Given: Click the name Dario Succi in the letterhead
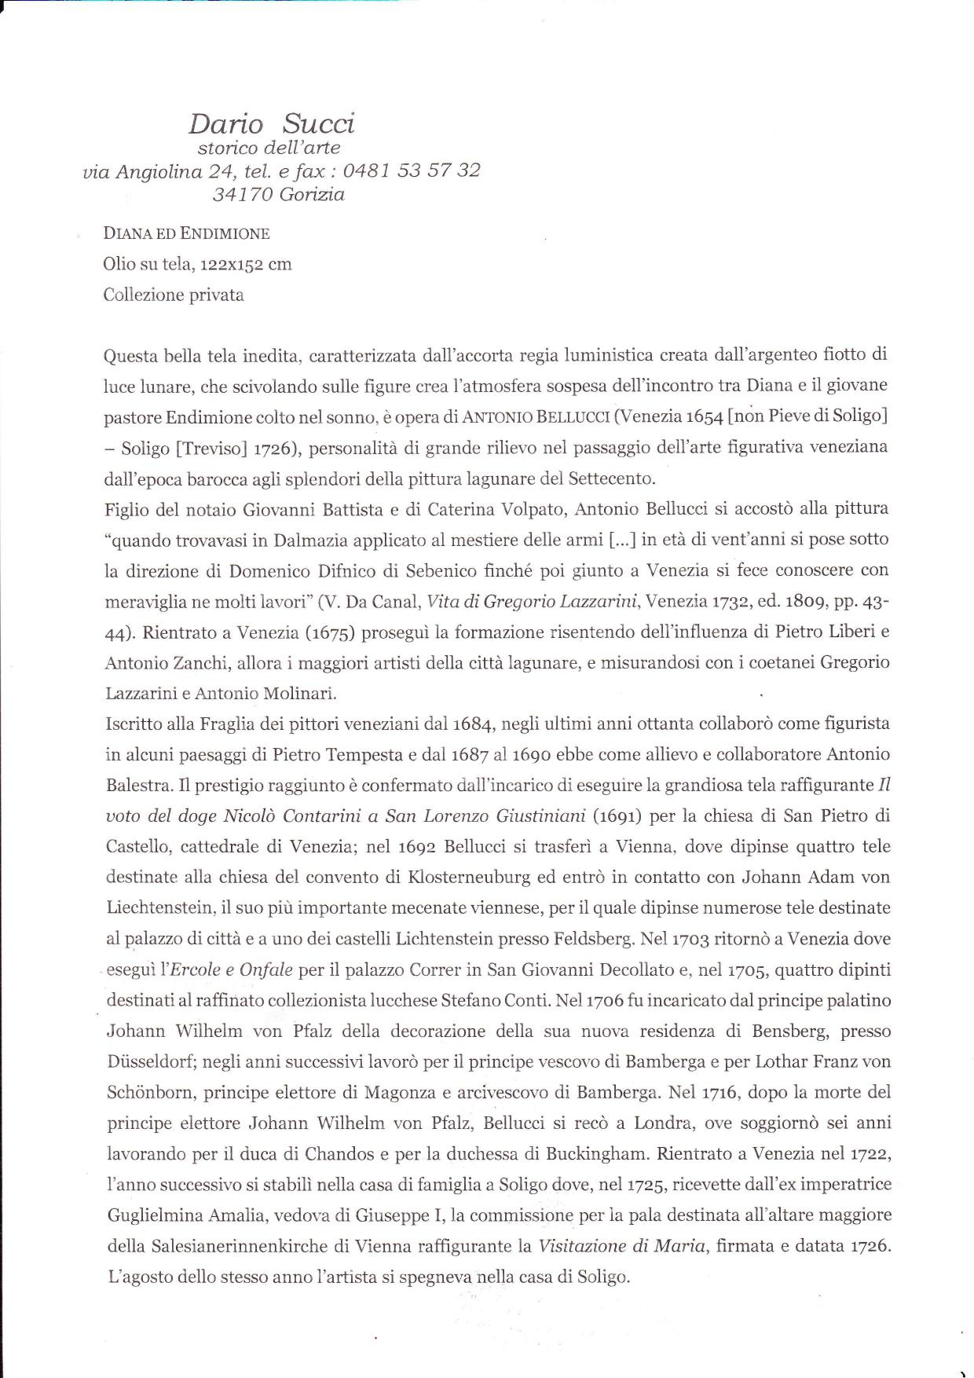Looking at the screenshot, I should click(271, 123).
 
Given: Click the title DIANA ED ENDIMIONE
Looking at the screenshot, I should click(186, 233).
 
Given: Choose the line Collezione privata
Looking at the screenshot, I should click(174, 295).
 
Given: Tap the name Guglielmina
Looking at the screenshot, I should click(152, 1215).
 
